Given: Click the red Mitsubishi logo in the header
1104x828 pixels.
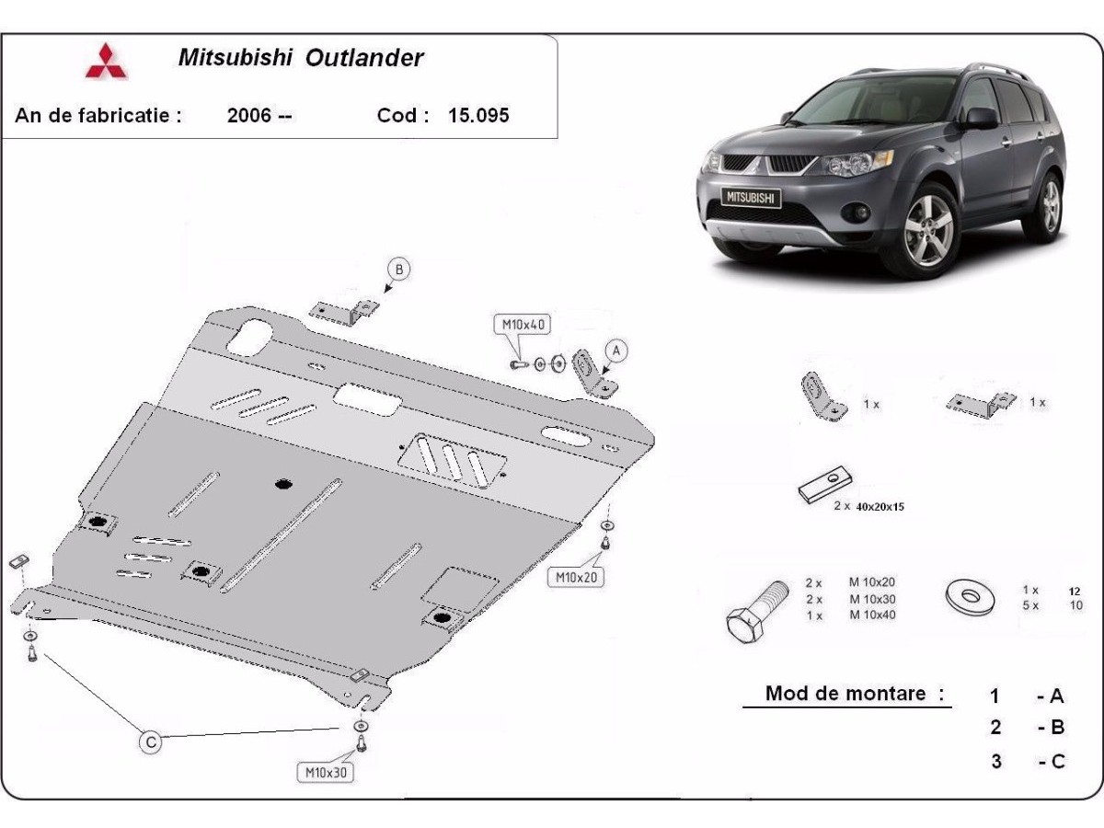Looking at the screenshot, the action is [106, 61].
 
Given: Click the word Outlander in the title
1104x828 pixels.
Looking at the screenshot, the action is [364, 58].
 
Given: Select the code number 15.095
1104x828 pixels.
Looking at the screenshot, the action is [478, 115].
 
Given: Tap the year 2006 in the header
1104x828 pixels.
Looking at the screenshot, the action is [249, 115].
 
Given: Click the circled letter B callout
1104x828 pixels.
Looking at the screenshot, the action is [399, 270].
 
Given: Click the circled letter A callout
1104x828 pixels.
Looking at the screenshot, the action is [616, 351].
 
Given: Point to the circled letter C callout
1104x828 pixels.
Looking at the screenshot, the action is [150, 742].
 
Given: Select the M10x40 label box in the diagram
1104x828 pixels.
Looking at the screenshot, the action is [523, 325].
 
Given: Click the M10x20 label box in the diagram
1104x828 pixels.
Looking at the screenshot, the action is [576, 577].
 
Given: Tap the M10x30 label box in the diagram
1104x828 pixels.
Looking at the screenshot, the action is [326, 772].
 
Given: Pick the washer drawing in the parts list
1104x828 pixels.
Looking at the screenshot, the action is [969, 597].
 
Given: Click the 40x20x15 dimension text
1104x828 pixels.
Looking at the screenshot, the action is [880, 507].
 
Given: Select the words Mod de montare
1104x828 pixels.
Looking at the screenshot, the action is [845, 694].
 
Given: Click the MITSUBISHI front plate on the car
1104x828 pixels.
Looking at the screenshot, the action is [751, 198].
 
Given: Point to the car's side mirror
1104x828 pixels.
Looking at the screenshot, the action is [982, 118].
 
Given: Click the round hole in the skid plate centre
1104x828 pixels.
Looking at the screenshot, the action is [284, 484].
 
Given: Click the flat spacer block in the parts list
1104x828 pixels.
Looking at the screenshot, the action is [825, 484].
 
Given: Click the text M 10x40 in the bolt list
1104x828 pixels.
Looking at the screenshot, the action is [872, 615].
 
